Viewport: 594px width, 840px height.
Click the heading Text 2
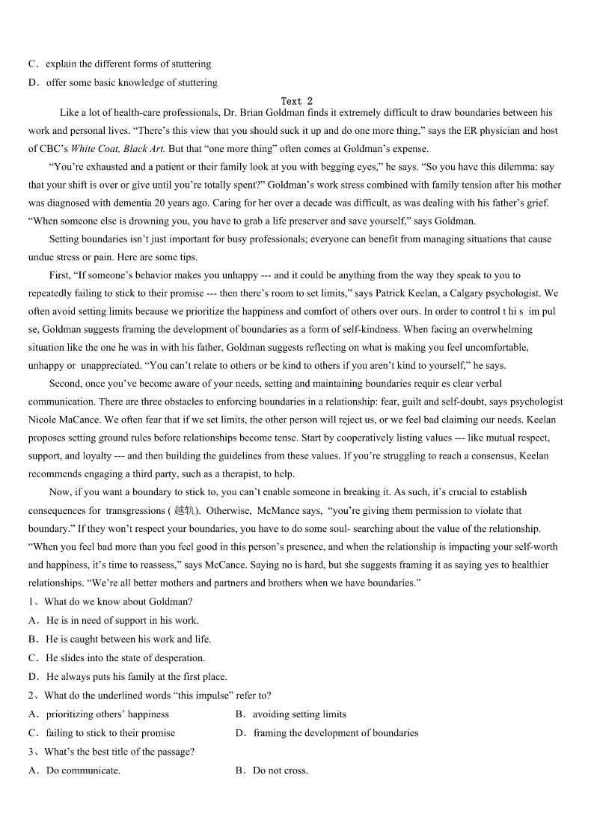tap(297, 101)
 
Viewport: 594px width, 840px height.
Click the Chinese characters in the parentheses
tap(183, 511)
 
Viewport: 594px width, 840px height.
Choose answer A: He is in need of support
tap(122, 620)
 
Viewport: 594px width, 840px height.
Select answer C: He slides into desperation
tap(125, 658)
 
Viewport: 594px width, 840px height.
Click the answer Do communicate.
tap(83, 770)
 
